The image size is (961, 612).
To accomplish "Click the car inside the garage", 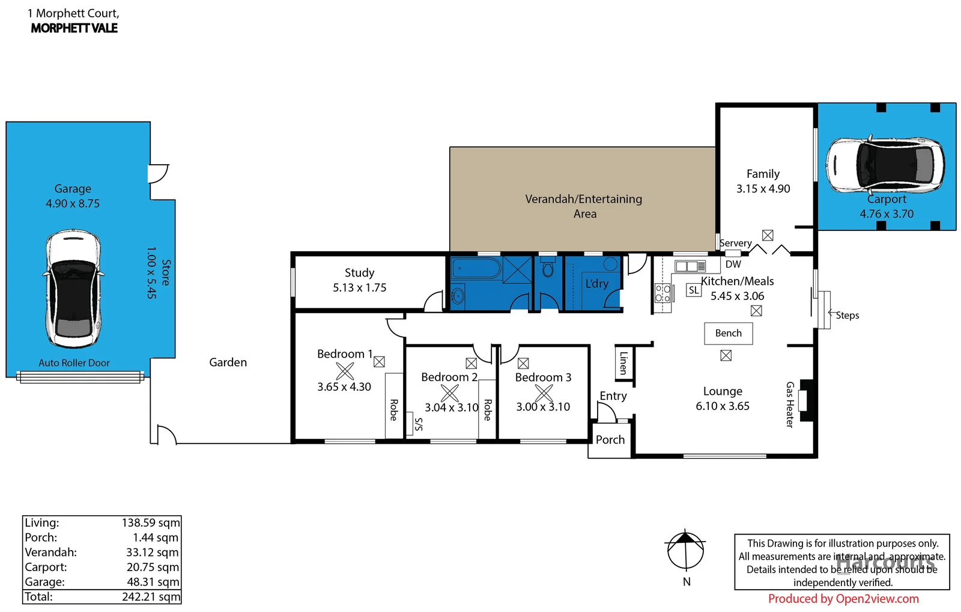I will (73, 289).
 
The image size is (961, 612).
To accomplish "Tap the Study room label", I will (359, 273).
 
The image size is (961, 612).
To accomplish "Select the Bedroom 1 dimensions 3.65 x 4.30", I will (344, 387).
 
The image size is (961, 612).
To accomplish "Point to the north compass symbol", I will (685, 549).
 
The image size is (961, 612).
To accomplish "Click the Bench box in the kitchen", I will (728, 333).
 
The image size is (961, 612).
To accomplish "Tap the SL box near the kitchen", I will (694, 290).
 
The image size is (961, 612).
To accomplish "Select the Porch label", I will (610, 439).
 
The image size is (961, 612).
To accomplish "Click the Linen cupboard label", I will (623, 363).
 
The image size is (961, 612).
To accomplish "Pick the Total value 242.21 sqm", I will (151, 597).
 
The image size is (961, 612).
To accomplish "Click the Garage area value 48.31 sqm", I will (153, 582).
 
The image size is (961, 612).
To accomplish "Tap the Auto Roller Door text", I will (74, 363).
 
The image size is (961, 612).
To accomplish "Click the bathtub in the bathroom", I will (476, 269).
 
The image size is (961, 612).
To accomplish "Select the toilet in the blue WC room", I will (548, 268).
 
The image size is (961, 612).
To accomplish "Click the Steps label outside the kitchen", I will (847, 315).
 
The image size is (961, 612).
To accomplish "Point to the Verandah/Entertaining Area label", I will (583, 206).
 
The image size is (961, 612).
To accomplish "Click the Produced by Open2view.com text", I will (843, 599).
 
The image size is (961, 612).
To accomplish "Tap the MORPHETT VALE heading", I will (74, 28).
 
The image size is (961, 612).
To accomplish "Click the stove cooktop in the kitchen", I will (662, 293).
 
